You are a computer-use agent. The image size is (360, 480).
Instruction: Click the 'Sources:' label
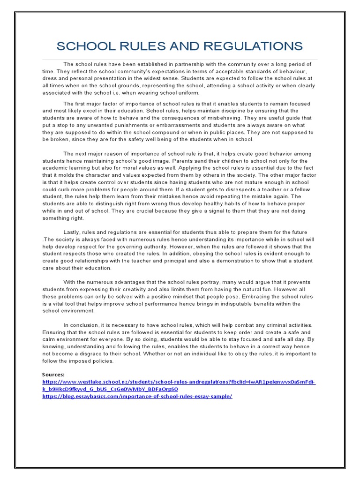53,375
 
